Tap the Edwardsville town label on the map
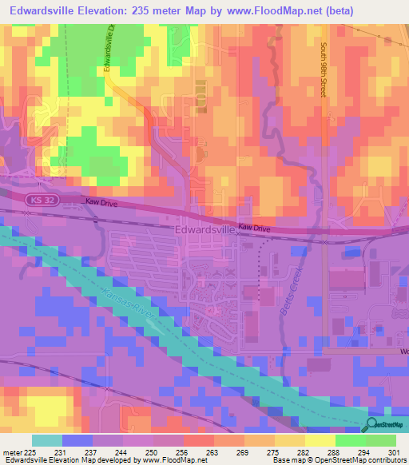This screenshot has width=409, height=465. pos(204,229)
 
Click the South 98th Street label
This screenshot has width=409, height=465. pos(325,70)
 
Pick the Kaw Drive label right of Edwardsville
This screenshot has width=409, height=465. pos(255,229)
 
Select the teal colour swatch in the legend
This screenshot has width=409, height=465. pos(46,440)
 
